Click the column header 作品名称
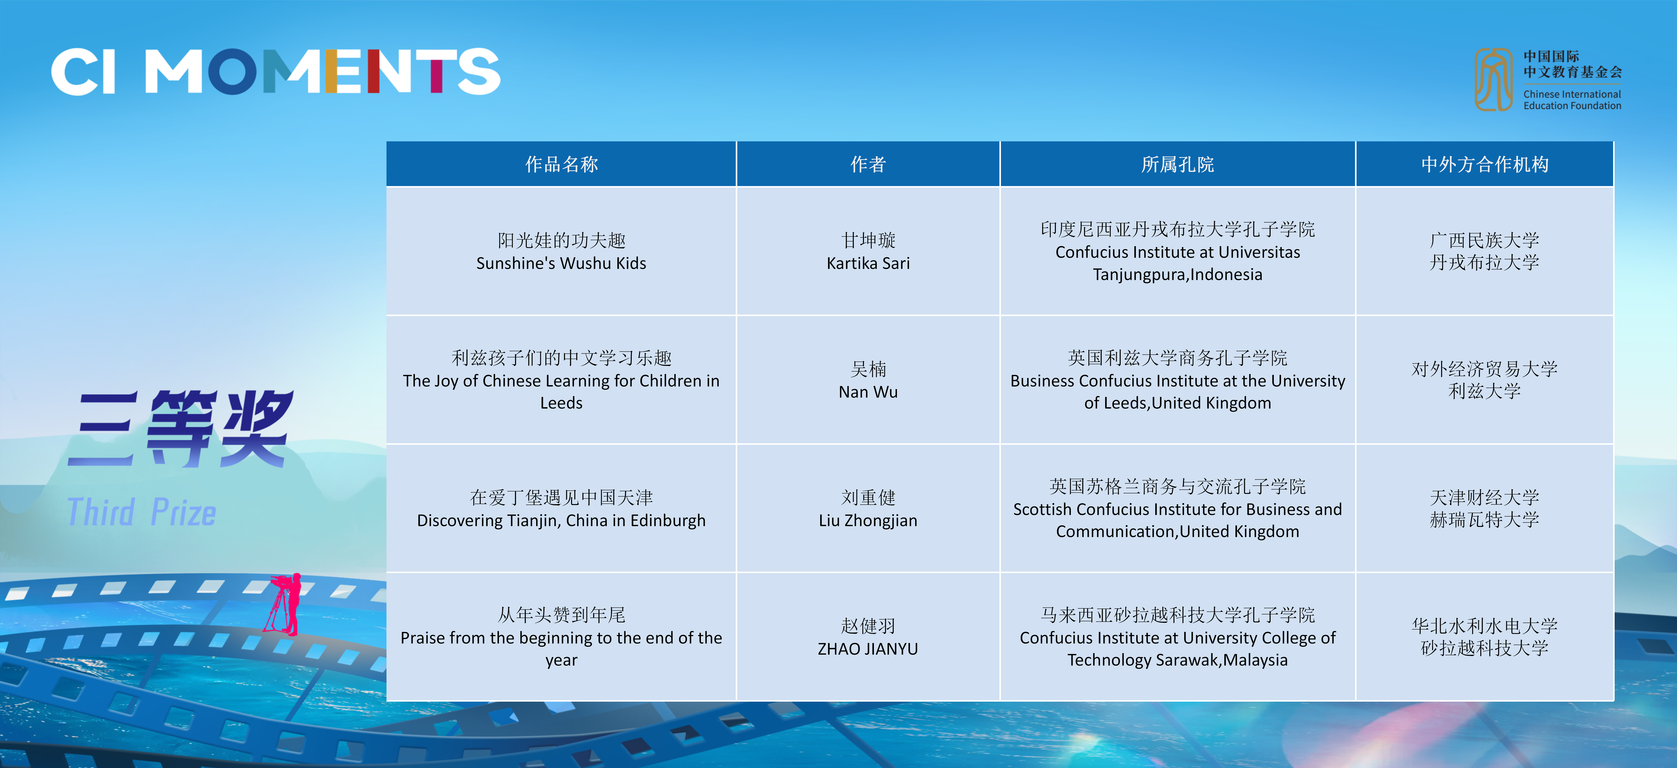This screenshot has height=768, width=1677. [x=561, y=164]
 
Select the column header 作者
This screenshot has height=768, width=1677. [x=868, y=164]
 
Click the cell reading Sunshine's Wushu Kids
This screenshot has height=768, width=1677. [x=561, y=251]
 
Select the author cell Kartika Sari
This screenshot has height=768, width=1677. [x=868, y=251]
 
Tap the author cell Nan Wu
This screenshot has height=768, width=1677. [x=868, y=380]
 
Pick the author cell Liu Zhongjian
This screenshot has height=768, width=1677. [x=868, y=508]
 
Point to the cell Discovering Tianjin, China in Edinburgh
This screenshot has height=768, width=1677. [x=561, y=508]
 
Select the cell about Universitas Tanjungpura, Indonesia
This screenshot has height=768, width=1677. [x=1178, y=251]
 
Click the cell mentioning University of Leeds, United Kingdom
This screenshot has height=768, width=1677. [x=1178, y=380]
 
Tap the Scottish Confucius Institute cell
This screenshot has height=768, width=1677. [x=1178, y=508]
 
